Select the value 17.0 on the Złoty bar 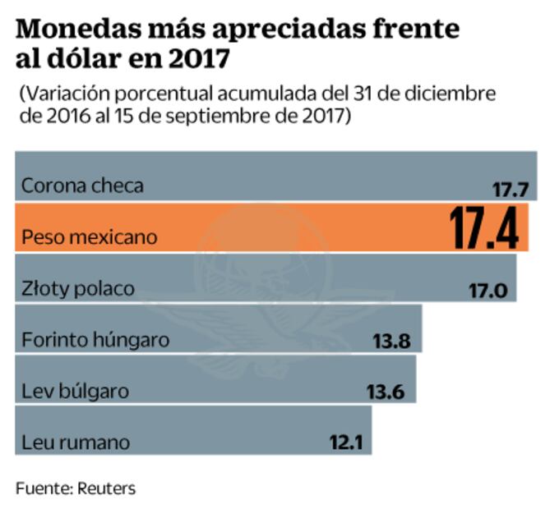coord(488,291)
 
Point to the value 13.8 coord(392,341)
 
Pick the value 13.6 coord(386,392)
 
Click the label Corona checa coord(82,186)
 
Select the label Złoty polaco coord(77,289)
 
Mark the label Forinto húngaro coord(96,340)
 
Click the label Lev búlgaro coord(75,391)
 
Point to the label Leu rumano coord(76,442)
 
